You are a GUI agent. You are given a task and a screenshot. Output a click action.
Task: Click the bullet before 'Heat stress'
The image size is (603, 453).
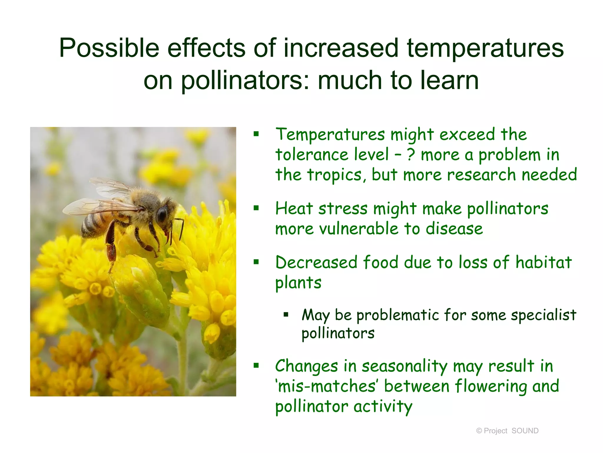click(x=256, y=208)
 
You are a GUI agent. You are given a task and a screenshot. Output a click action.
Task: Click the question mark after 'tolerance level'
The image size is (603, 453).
click(x=411, y=155)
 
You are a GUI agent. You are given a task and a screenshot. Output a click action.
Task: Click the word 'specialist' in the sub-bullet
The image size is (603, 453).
click(x=543, y=315)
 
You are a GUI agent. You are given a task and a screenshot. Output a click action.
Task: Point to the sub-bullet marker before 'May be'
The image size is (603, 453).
click(x=286, y=315)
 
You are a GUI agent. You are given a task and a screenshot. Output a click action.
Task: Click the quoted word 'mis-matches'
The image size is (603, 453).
click(x=327, y=386)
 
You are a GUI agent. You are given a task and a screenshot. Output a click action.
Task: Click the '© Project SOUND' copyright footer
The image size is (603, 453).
click(x=507, y=431)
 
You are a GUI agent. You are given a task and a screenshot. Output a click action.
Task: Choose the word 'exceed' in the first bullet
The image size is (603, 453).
click(x=467, y=134)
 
